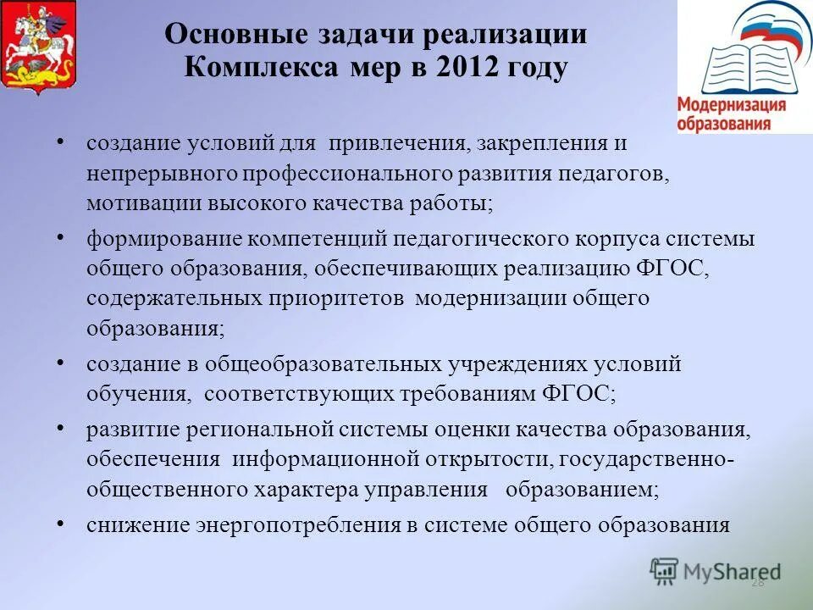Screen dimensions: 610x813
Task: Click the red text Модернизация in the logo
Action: pyautogui.click(x=732, y=106)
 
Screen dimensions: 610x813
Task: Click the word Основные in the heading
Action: pyautogui.click(x=224, y=35)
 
